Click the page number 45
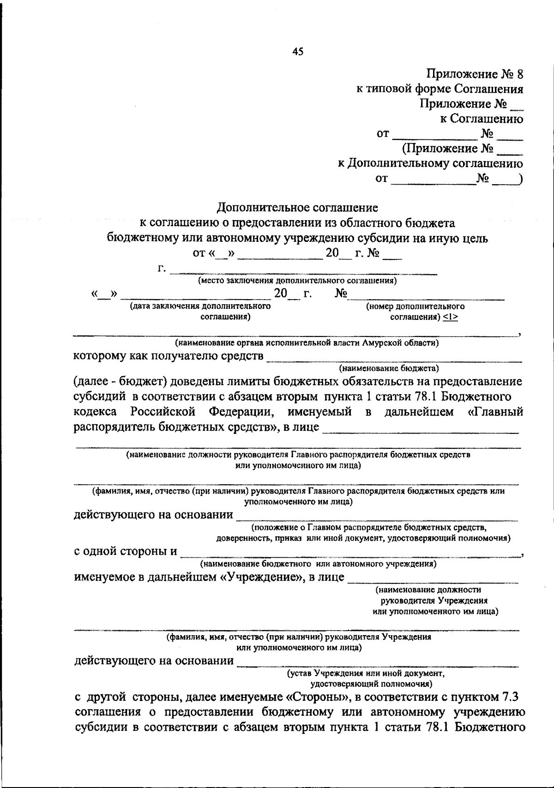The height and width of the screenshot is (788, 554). tap(298, 52)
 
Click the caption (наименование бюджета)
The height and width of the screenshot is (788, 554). tap(389, 368)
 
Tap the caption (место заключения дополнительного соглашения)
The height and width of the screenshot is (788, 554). tap(297, 280)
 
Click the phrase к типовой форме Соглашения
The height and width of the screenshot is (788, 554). tap(440, 89)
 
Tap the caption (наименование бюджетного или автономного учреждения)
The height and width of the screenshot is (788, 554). tap(318, 564)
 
